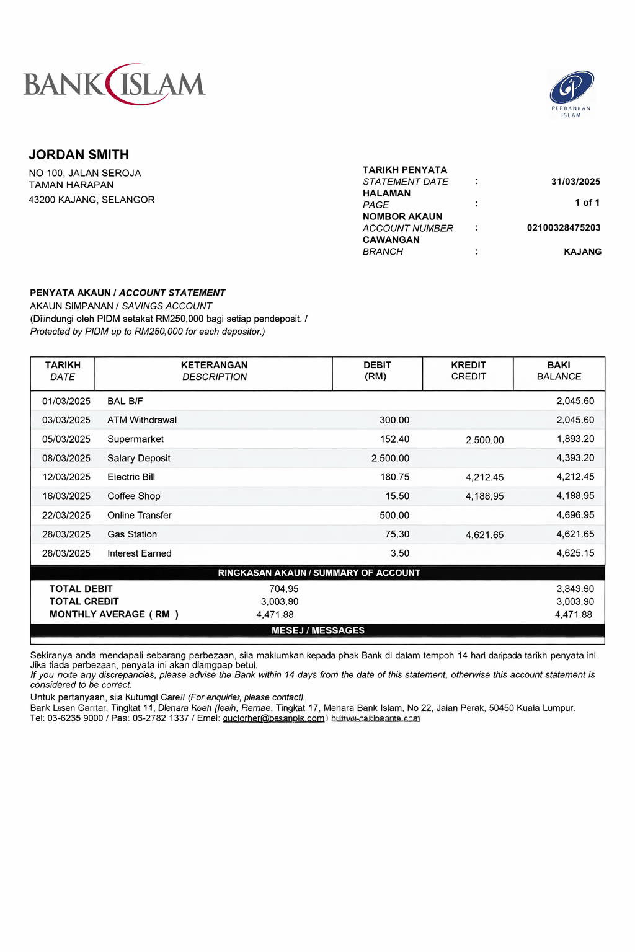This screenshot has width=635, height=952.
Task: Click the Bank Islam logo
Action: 115,84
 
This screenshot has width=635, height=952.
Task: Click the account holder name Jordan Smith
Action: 79,155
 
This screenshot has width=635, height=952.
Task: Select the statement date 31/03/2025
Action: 575,182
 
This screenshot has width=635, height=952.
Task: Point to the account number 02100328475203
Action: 563,227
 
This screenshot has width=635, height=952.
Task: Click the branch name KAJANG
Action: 582,252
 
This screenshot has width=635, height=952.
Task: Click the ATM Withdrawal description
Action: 142,420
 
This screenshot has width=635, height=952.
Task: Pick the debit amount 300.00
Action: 394,420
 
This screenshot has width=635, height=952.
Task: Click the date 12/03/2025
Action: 66,477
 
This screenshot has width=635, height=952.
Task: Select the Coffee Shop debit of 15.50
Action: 397,496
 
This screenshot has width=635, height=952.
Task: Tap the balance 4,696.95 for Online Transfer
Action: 575,515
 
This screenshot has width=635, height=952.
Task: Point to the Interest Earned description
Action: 140,553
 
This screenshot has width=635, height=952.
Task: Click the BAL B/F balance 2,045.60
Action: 575,401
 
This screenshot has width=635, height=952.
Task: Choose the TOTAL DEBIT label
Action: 81,589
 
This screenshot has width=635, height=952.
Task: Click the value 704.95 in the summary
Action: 283,589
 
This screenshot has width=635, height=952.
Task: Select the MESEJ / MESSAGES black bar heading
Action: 317,630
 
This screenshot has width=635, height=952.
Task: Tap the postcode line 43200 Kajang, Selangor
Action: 92,200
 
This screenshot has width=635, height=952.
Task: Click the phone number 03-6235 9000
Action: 75,718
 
